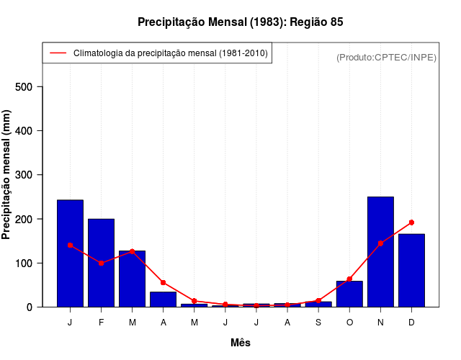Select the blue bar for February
pyautogui.click(x=101, y=263)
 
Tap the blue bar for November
pyautogui.click(x=380, y=252)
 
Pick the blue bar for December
pyautogui.click(x=411, y=271)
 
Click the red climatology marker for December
pyautogui.click(x=411, y=222)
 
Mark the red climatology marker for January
pyautogui.click(x=70, y=245)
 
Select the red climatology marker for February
pyautogui.click(x=101, y=263)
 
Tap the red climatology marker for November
pyautogui.click(x=380, y=243)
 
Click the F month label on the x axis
pyautogui.click(x=101, y=323)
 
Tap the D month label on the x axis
pyautogui.click(x=411, y=323)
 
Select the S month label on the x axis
pyautogui.click(x=318, y=323)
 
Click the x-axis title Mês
pyautogui.click(x=241, y=343)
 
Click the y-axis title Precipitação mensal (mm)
pyautogui.click(x=7, y=180)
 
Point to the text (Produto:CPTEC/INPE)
pyautogui.click(x=386, y=57)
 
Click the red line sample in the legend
pyautogui.click(x=58, y=53)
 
